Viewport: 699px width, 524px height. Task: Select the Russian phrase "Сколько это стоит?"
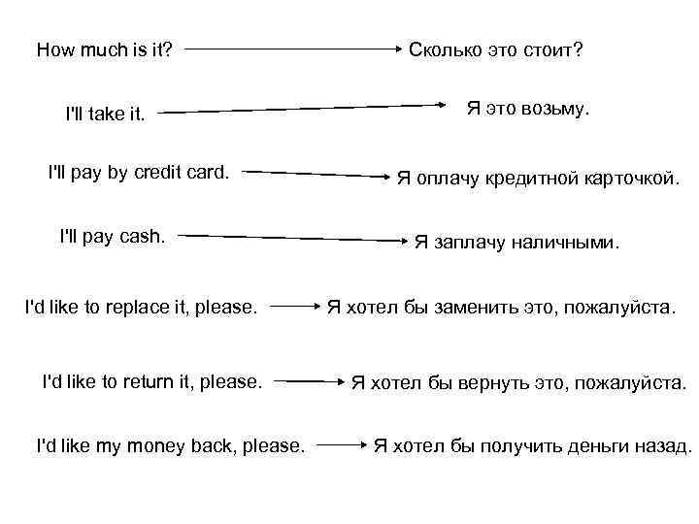pos(496,49)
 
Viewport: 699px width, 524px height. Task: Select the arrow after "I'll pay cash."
pos(292,237)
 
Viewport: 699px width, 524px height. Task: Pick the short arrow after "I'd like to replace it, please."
pos(292,308)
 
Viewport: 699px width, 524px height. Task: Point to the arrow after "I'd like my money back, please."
pos(341,445)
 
